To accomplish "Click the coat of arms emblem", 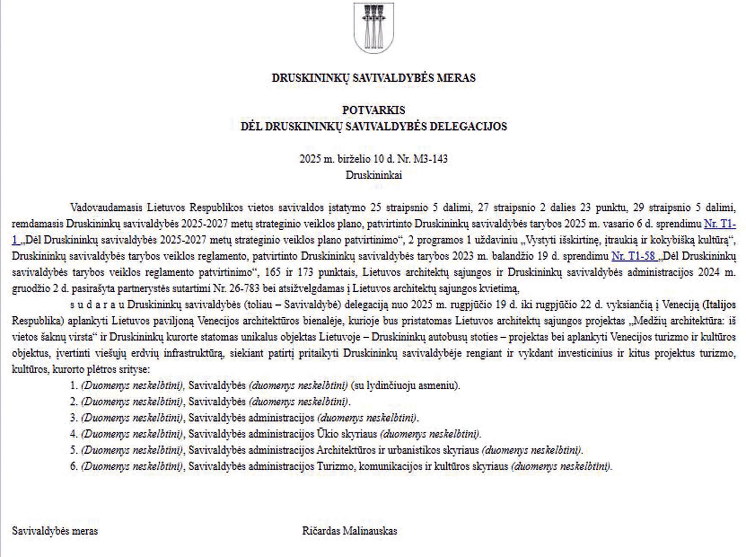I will (x=373, y=28).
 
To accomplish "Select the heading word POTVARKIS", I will (x=373, y=110).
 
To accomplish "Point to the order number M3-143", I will (x=431, y=159).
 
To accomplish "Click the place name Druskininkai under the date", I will (x=373, y=175).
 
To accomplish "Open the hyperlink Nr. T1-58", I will (x=633, y=257).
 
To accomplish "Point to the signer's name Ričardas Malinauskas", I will (x=350, y=531).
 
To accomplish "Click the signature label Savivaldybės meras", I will (x=55, y=531).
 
